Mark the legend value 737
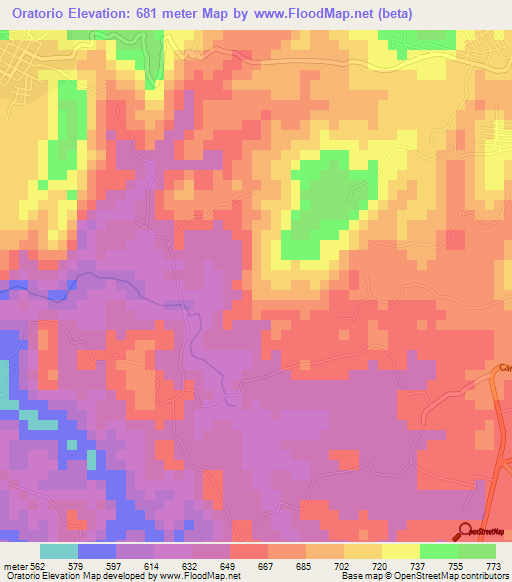[x=439, y=565]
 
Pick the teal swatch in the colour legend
[x=59, y=551]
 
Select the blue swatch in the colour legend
[x=97, y=551]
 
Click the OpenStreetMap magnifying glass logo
[x=464, y=531]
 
